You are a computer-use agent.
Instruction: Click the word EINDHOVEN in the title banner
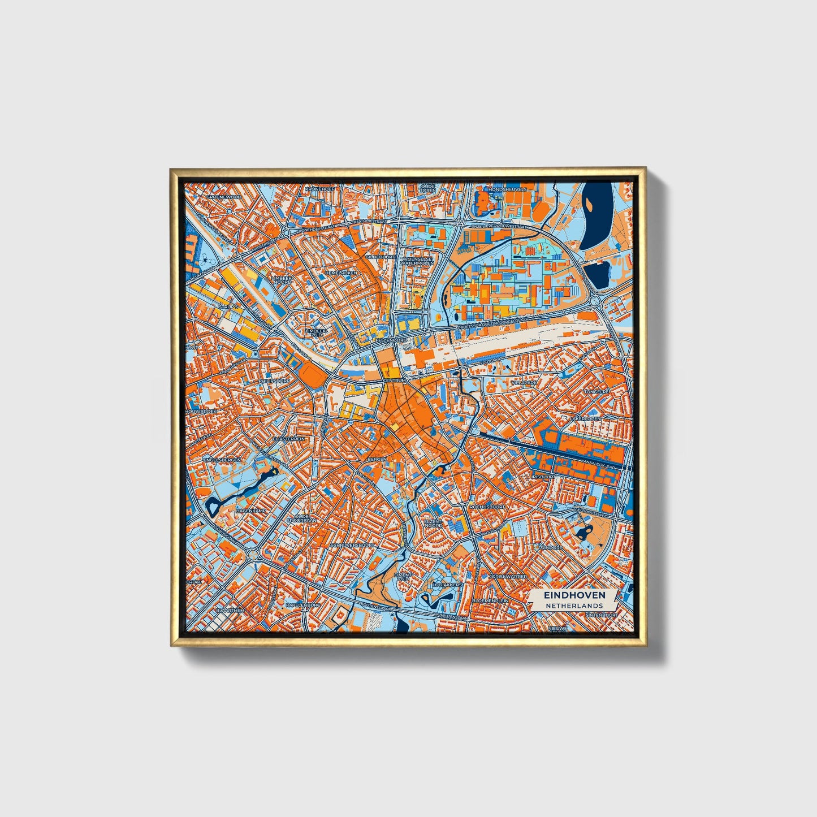point(574,595)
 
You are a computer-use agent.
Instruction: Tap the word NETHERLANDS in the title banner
point(574,606)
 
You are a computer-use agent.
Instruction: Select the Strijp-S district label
point(229,306)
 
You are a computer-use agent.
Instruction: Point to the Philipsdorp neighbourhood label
point(274,381)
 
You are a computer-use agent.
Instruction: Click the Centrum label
point(395,381)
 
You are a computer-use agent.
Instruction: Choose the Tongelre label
point(596,391)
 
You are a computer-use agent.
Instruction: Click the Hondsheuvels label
point(507,189)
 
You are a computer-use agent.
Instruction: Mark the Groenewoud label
point(224,197)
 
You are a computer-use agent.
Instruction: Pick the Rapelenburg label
point(303,604)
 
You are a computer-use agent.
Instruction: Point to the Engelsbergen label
point(222,460)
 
